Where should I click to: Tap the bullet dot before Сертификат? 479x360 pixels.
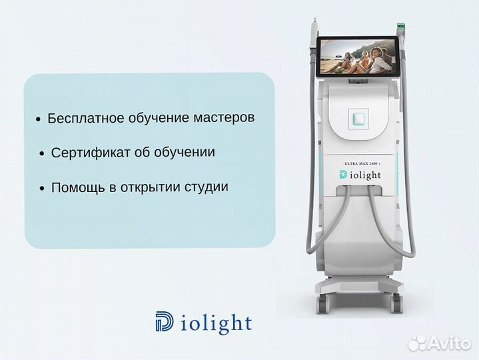click(x=43, y=154)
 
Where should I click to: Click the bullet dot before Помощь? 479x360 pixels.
click(x=43, y=189)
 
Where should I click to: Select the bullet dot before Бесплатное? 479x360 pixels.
click(x=38, y=120)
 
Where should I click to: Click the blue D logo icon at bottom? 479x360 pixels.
click(x=164, y=323)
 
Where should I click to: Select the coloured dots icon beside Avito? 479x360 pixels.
click(x=418, y=342)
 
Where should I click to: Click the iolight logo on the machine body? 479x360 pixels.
click(x=360, y=175)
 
